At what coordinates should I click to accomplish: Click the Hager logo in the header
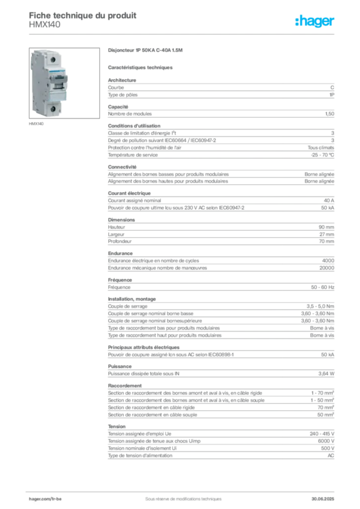(x=315, y=21)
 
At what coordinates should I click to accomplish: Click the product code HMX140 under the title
(x=44, y=25)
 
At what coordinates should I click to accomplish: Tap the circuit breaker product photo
(x=64, y=83)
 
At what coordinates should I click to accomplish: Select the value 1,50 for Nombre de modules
(x=330, y=114)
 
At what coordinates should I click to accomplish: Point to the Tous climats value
(x=321, y=148)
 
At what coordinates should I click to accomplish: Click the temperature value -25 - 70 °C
(x=322, y=155)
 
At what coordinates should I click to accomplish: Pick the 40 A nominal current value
(x=329, y=201)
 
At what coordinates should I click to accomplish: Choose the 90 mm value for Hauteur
(x=326, y=227)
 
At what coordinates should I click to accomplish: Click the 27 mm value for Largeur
(x=327, y=235)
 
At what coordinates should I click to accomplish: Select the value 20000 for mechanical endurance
(x=327, y=268)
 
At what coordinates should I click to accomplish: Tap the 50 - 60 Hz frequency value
(x=322, y=287)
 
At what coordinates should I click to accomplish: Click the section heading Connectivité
(x=122, y=167)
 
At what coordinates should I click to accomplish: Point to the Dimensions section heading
(x=121, y=220)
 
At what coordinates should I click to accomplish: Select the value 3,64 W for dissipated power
(x=326, y=374)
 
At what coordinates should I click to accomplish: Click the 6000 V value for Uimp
(x=326, y=441)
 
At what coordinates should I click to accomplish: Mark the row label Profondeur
(x=120, y=242)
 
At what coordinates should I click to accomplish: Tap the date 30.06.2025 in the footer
(x=323, y=499)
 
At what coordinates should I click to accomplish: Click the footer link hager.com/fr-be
(x=45, y=499)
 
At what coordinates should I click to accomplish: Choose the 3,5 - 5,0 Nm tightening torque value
(x=320, y=306)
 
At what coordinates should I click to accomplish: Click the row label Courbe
(x=116, y=87)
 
